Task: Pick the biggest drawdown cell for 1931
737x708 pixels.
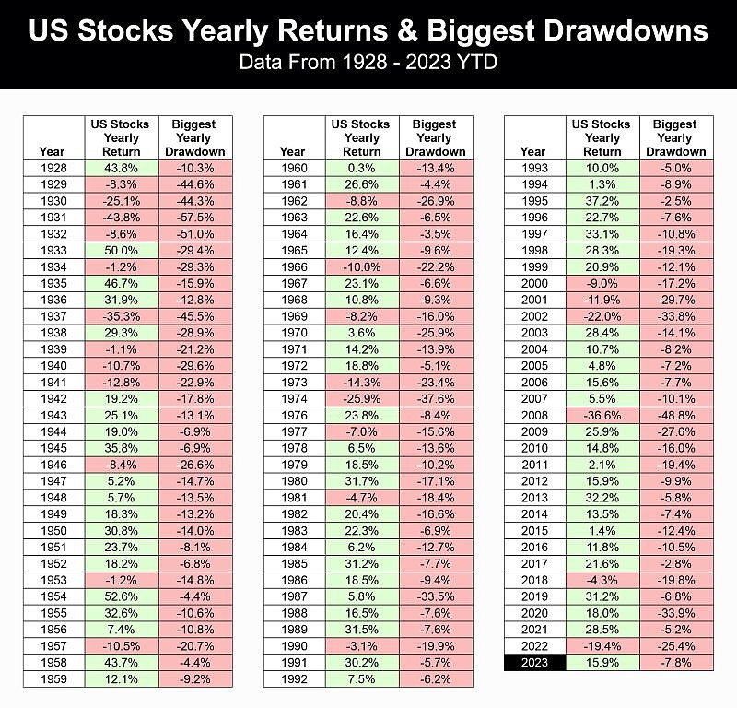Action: click(194, 216)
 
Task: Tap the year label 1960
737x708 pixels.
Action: click(294, 168)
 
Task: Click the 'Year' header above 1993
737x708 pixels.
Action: click(532, 151)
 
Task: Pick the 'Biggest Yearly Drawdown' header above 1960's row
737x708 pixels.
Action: click(436, 137)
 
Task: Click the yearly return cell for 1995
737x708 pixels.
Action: click(602, 200)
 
